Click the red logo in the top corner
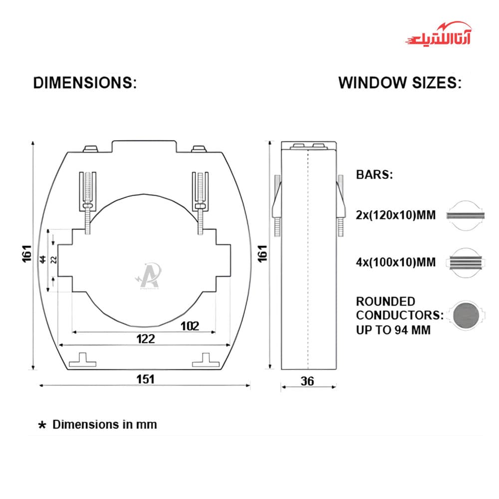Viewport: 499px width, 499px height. tap(439, 34)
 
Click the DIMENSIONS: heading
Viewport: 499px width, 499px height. tap(85, 83)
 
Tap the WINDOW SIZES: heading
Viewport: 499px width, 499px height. tap(400, 83)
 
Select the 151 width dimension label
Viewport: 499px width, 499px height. tap(145, 379)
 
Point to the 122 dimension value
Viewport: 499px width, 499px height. tap(146, 339)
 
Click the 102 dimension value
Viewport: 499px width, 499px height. tap(190, 326)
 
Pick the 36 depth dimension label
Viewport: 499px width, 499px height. tap(307, 381)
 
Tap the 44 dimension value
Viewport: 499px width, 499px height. tap(42, 259)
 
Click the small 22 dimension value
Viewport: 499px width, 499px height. tap(54, 259)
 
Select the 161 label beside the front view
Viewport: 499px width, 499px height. tap(27, 253)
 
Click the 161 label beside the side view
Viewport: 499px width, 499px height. tap(262, 253)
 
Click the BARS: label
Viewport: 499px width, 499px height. tap(375, 174)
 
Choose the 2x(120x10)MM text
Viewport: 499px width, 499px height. tap(396, 215)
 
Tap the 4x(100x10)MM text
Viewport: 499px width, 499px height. tap(396, 262)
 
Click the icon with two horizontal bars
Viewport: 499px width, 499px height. tap(465, 216)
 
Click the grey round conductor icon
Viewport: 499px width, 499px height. tap(466, 315)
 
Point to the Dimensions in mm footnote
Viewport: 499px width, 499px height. tap(104, 425)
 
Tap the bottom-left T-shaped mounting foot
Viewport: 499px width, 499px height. tap(82, 360)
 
